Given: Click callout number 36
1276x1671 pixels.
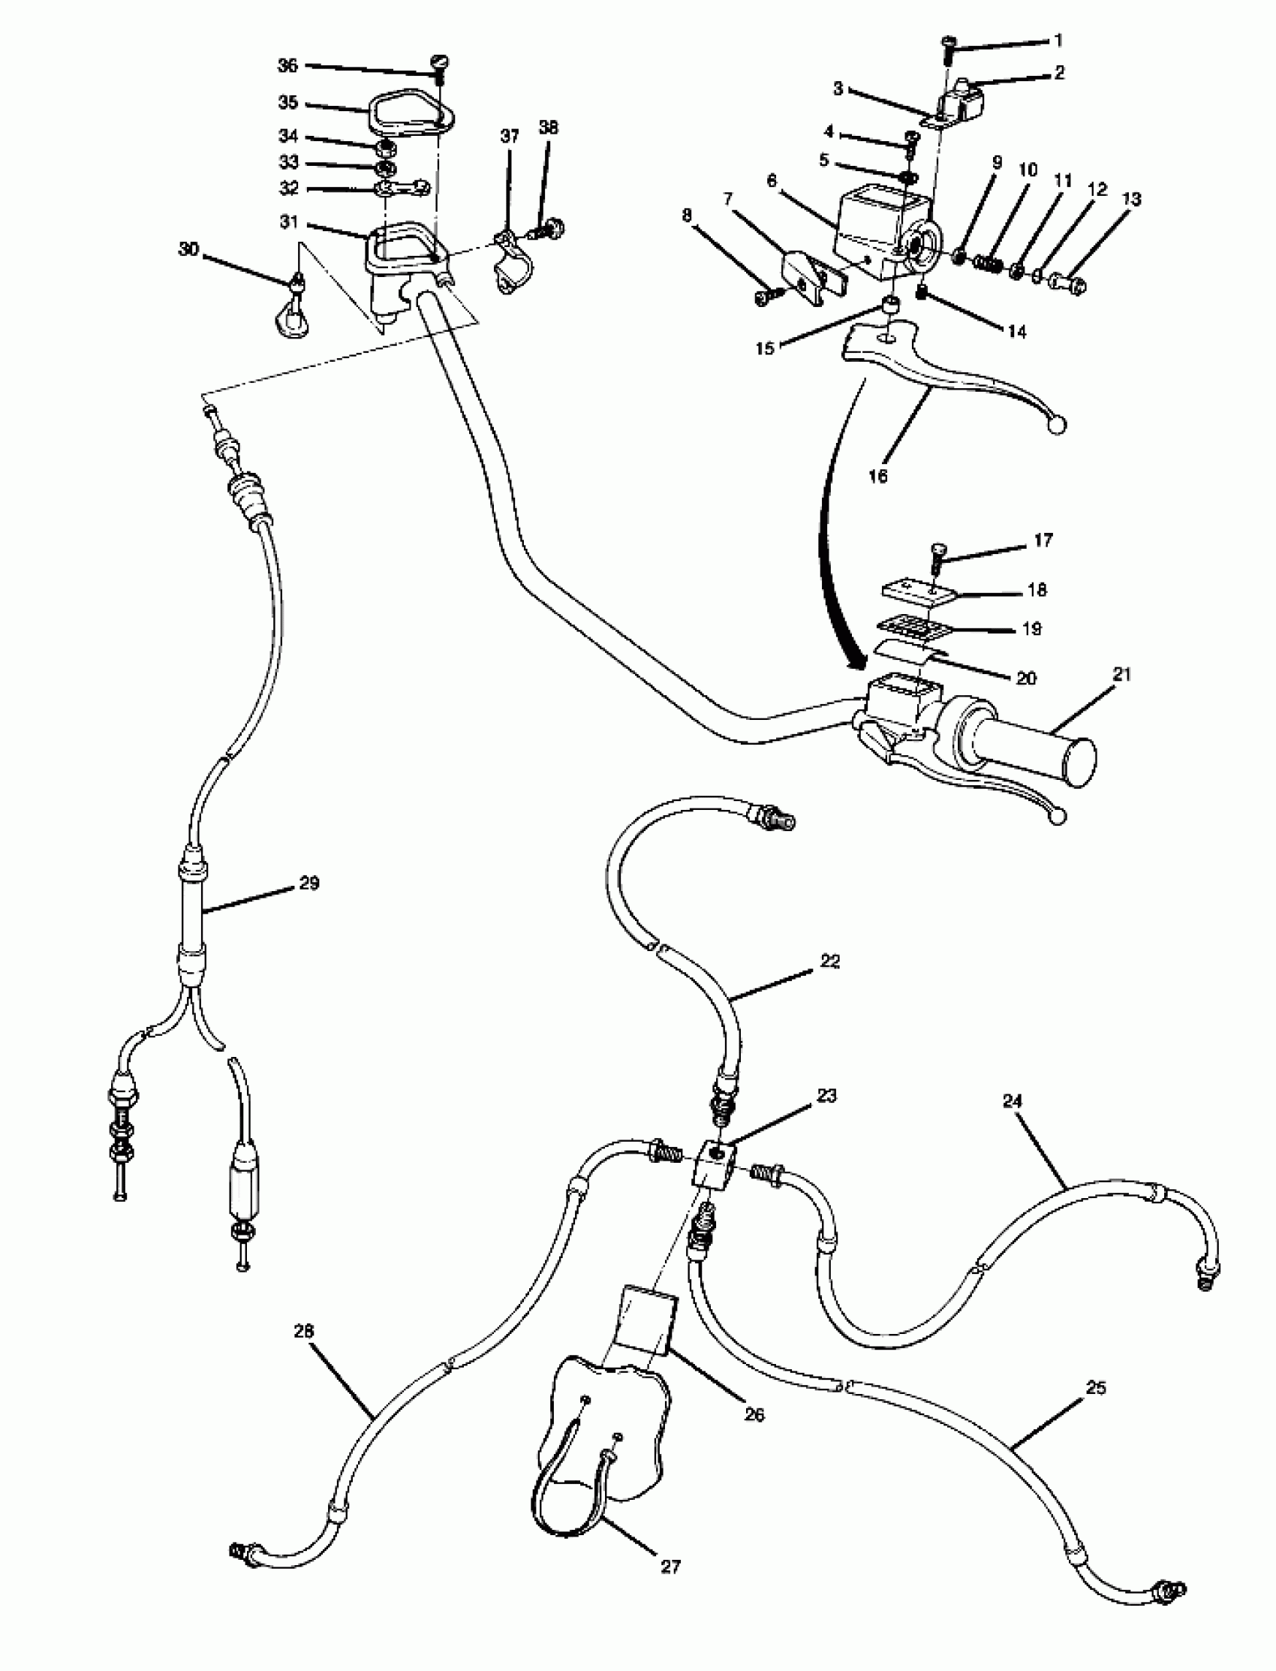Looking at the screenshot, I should [287, 66].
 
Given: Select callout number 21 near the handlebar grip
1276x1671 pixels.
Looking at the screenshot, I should [1122, 673].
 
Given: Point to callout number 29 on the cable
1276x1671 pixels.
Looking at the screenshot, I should [309, 883].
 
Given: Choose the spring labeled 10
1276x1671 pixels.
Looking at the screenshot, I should [986, 263].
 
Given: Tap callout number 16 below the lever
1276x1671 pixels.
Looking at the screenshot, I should [877, 476].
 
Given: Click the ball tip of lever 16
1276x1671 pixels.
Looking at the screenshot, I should [1057, 426].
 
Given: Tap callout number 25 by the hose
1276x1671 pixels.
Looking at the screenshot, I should [1096, 1388].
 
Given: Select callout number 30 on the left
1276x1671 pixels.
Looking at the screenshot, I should [188, 249].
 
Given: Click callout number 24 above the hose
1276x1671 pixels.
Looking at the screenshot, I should [1013, 1100].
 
